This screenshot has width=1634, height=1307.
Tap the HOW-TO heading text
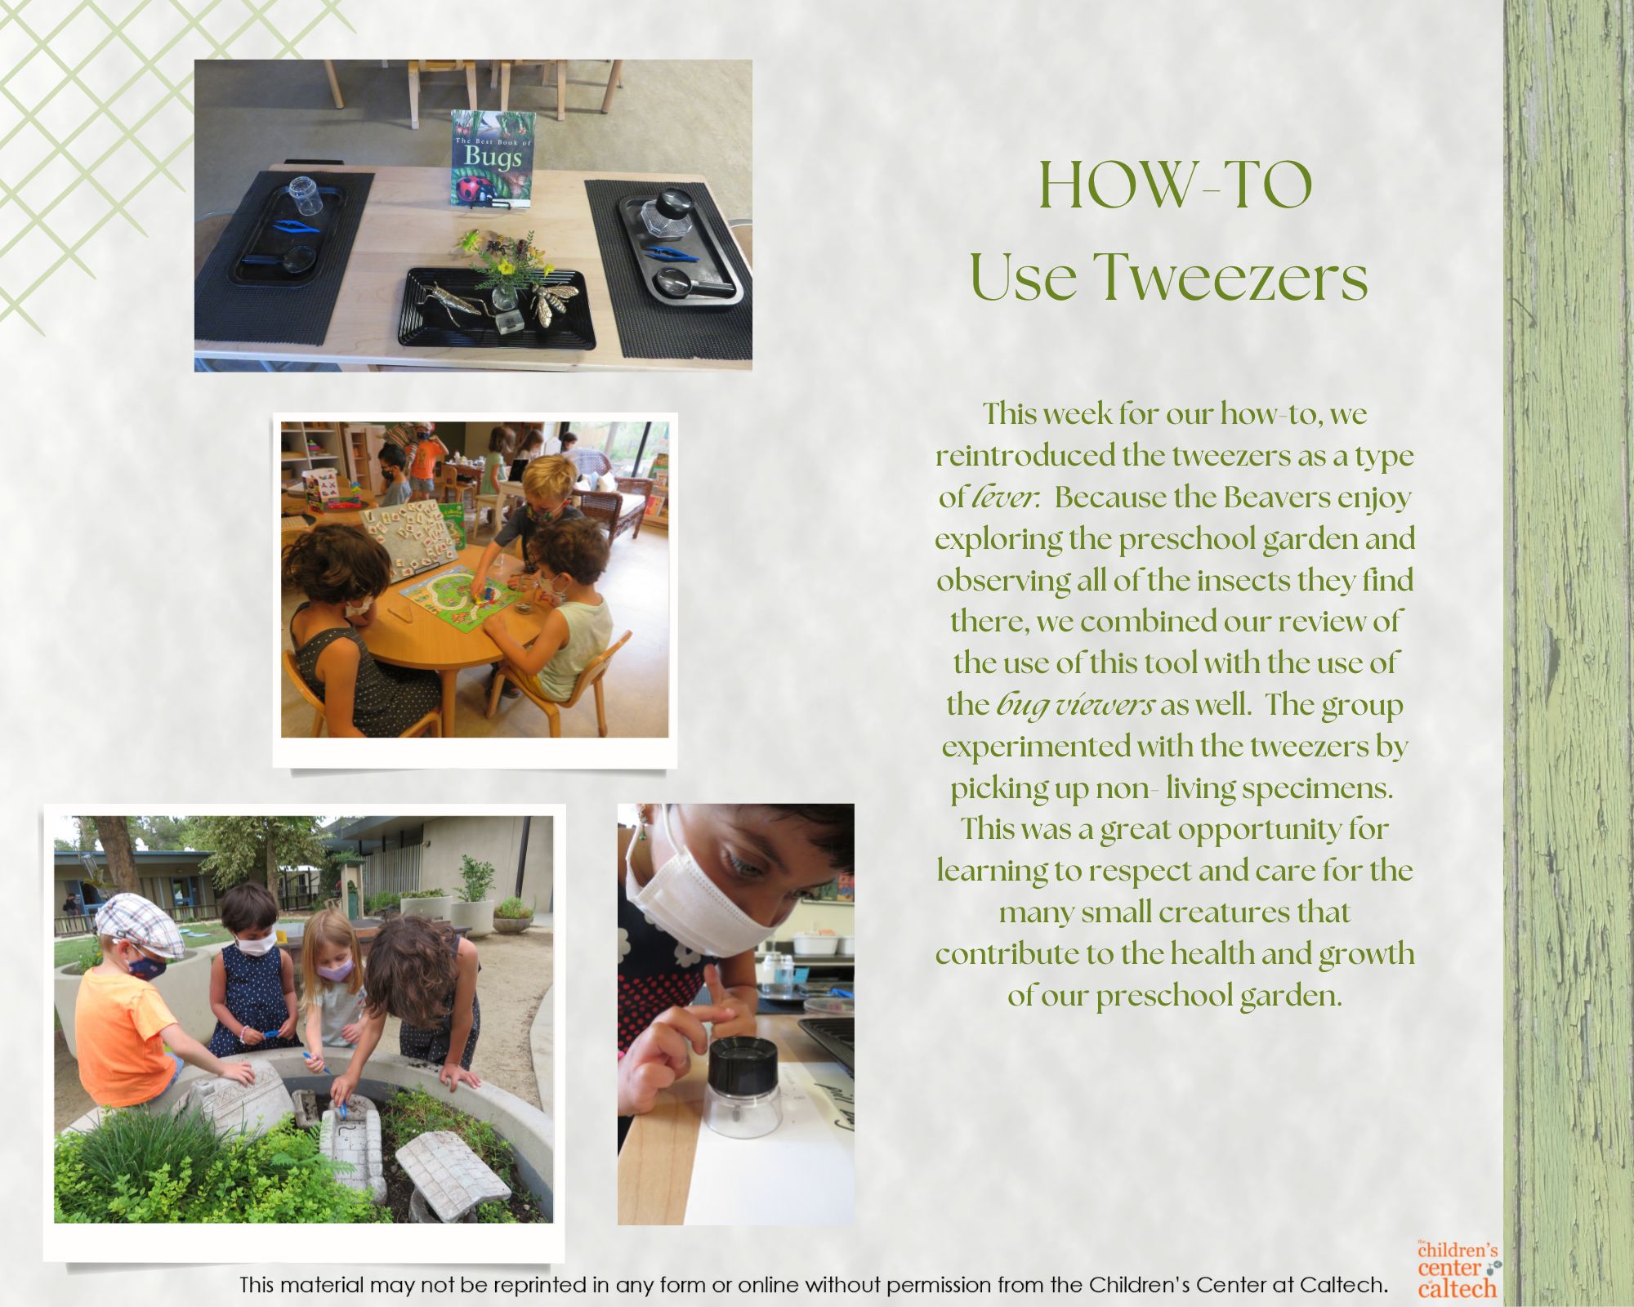[x=1176, y=186]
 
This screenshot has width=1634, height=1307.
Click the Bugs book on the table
[x=493, y=158]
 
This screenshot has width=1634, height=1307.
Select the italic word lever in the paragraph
[x=1005, y=497]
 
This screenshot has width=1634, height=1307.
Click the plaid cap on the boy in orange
[x=138, y=924]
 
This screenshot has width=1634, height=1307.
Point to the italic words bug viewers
[x=1075, y=705]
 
